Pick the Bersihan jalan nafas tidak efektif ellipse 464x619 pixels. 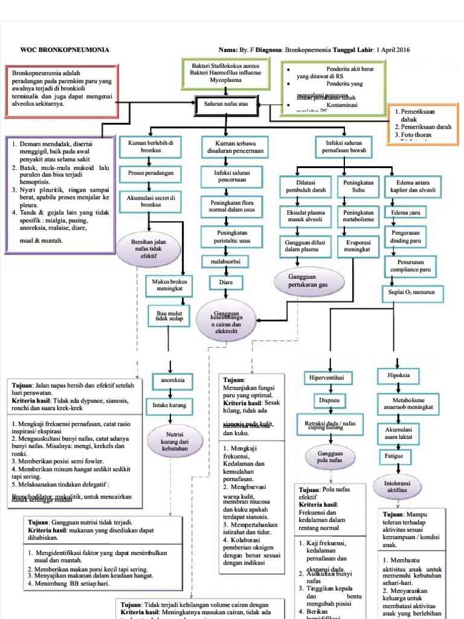coord(148,248)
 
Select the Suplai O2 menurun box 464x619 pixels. coord(412,294)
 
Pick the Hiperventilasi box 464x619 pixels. coord(326,378)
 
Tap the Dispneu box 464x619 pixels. coord(326,400)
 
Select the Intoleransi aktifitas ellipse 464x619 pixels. coord(397,487)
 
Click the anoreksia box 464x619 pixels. coord(173,381)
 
